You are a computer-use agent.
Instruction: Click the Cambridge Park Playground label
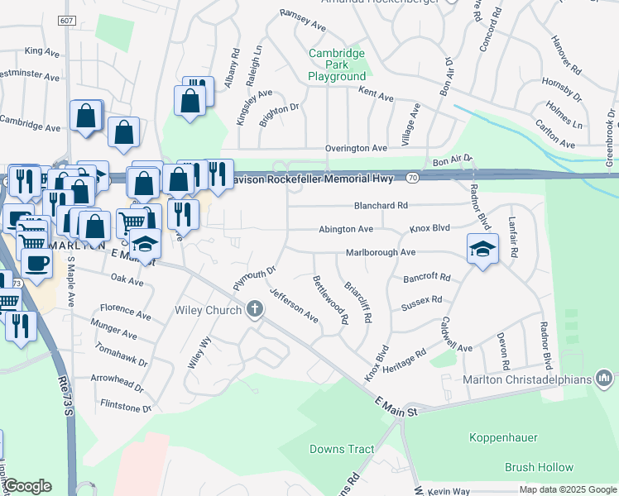coord(337,64)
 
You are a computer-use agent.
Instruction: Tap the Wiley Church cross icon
coord(255,310)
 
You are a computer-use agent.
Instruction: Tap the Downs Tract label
coord(342,450)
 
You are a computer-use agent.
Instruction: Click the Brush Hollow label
coord(539,467)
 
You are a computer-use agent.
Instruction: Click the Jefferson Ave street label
coord(295,305)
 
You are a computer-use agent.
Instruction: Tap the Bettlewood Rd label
coord(330,301)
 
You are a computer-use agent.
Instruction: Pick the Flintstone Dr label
coord(126,407)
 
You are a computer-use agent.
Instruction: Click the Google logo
coord(28,487)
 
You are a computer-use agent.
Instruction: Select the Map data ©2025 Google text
coord(567,489)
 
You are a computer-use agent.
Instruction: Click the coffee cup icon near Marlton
coord(36,264)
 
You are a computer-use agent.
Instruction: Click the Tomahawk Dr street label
coord(121,355)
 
